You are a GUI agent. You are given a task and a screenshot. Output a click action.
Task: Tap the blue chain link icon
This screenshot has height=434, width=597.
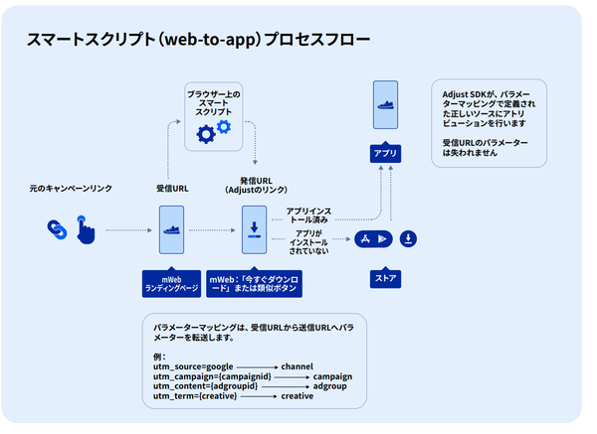pos(57,229)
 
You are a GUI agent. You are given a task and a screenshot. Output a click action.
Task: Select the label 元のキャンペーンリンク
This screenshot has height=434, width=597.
pos(71,188)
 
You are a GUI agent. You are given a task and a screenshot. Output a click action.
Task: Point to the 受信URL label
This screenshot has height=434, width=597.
pos(172,188)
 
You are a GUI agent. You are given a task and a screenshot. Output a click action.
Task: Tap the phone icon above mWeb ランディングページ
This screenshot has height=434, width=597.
pos(172,230)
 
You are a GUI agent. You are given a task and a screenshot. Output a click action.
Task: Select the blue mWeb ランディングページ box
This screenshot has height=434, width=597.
pos(172,285)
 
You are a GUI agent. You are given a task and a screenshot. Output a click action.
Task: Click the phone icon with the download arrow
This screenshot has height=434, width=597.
pos(255,230)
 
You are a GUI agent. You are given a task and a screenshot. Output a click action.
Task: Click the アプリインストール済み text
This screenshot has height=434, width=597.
pos(308,216)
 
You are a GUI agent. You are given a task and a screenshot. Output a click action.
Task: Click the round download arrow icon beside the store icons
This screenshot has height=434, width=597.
pos(409,238)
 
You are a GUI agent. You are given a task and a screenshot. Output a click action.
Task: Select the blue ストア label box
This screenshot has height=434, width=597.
pos(385,279)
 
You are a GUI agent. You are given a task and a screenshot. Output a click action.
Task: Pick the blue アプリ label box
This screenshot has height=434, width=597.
pos(385,155)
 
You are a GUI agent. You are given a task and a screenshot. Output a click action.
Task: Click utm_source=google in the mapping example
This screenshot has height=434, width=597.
pos(186,366)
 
